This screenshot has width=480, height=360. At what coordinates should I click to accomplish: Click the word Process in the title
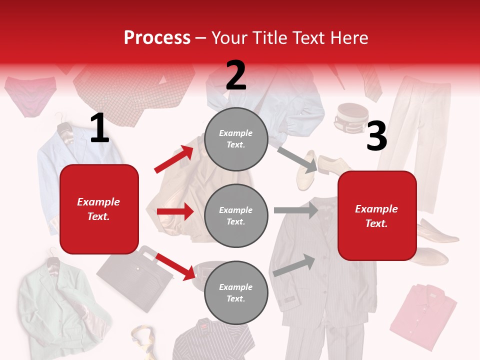(x=157, y=37)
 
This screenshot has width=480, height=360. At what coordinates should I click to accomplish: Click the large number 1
(x=99, y=128)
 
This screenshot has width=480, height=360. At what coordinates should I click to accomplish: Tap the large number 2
(x=236, y=75)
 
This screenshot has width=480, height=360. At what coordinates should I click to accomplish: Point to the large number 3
(x=376, y=136)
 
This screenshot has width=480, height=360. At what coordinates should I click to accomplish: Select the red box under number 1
(x=99, y=209)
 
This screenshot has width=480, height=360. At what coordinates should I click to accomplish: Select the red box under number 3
(x=377, y=215)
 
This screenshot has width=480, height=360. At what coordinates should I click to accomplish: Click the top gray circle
(x=236, y=139)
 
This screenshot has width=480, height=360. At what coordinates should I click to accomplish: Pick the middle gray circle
(x=236, y=215)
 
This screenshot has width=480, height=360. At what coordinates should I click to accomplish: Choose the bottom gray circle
(x=236, y=292)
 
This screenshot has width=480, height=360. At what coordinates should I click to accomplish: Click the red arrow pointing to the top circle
(x=174, y=159)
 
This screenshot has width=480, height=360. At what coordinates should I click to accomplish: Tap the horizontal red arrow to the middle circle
(x=175, y=211)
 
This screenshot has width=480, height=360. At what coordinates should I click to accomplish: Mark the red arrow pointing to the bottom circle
(x=175, y=266)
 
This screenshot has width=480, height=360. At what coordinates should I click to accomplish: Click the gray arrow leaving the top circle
(x=297, y=159)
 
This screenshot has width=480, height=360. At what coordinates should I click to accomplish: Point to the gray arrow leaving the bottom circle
(x=294, y=265)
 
